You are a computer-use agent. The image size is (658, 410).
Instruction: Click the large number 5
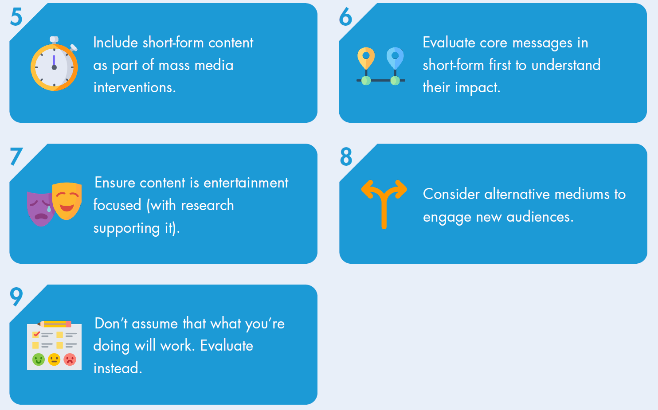point(16,16)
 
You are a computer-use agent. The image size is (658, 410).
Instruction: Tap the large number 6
point(345,16)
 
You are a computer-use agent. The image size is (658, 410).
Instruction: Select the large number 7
point(16,156)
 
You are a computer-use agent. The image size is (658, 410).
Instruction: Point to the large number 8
point(346,156)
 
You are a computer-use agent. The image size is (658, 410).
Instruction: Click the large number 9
point(16,297)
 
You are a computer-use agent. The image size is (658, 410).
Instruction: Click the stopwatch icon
point(55,64)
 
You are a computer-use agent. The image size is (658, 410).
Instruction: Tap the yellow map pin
point(366,58)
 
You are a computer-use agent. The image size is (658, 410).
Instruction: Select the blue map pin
point(395,58)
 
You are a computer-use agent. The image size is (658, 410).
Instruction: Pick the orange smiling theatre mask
point(67,201)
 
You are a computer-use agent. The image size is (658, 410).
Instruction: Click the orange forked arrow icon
point(384,204)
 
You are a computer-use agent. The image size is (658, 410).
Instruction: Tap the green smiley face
point(39,359)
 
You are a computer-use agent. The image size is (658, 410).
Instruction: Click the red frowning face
point(70,359)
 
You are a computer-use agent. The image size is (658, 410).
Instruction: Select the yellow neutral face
point(54,359)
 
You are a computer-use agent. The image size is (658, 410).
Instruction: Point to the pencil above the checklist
point(55,324)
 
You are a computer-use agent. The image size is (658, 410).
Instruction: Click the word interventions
point(134,87)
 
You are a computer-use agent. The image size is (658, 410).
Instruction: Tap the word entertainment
point(246,183)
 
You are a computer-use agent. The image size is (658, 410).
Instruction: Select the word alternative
point(517,194)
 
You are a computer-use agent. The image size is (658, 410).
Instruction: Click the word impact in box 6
point(478,88)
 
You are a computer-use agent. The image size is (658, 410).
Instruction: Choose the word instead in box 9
point(117,368)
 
